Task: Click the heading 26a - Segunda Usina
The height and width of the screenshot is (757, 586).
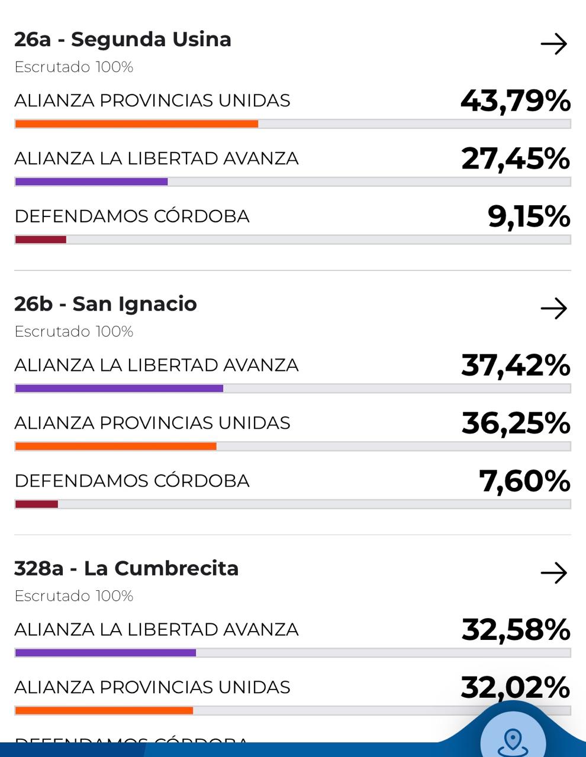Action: coord(123,40)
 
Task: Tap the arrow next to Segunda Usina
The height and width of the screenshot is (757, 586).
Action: coord(553,44)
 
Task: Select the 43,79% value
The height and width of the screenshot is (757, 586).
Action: coord(515,101)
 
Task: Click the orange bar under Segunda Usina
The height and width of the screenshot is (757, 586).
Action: coord(136,124)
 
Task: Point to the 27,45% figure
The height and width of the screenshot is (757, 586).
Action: coord(515,158)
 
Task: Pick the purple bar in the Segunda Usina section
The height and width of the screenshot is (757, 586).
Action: coord(91,182)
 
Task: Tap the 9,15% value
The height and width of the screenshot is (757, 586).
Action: coord(529,216)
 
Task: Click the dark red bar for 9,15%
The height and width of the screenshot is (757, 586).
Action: coord(40,240)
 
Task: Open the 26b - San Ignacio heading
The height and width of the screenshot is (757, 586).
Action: coord(105,304)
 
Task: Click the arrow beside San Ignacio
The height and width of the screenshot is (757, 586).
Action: coord(553,308)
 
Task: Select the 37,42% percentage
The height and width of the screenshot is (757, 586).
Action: coord(515,365)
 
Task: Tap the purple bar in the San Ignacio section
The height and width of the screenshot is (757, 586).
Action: coord(118,389)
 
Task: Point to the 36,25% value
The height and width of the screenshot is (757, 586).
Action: coord(515,423)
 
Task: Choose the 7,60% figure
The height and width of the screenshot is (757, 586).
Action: coord(524,481)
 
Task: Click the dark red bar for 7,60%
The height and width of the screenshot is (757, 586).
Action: coord(36,504)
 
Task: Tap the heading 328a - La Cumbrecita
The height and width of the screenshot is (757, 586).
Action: coord(126,568)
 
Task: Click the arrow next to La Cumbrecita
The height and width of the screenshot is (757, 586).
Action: coord(553,572)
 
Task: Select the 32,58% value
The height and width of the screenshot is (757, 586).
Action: coord(515,629)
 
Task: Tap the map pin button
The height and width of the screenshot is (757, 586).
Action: coord(513,739)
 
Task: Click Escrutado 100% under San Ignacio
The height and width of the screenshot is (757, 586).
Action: coord(73,332)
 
